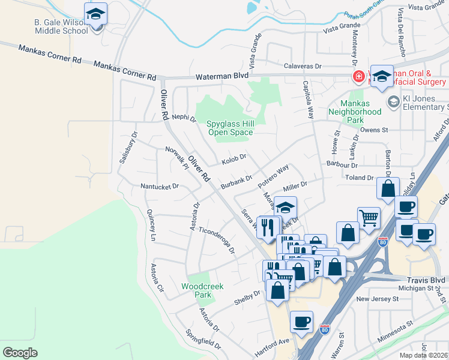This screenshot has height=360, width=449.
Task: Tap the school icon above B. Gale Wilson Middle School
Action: [x=95, y=13]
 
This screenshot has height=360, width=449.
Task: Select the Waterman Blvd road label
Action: [x=222, y=76]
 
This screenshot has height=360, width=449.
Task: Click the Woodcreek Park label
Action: [x=202, y=290]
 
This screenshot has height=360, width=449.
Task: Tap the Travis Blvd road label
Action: [x=424, y=280]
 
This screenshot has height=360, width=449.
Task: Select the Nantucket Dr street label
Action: [x=159, y=187]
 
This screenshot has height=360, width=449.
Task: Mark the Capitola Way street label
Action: [x=309, y=99]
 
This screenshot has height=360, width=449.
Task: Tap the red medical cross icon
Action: [x=358, y=77]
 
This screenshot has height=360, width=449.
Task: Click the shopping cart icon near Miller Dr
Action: [x=368, y=218]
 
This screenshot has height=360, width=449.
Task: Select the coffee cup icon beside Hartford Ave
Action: [x=301, y=321]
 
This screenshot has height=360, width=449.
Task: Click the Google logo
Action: [x=20, y=352]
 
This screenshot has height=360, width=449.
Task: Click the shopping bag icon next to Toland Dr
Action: [x=388, y=188]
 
